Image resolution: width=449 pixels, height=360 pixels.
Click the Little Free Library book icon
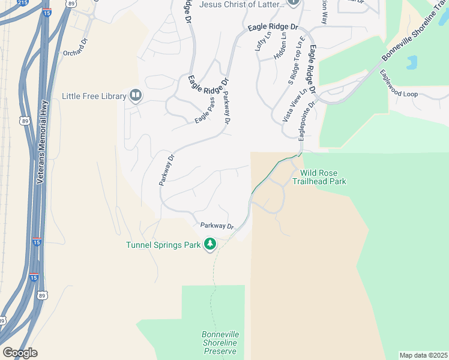[x=136, y=95]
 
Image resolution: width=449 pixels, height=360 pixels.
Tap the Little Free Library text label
[x=94, y=96]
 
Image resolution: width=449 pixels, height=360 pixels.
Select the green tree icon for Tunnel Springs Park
[x=210, y=244]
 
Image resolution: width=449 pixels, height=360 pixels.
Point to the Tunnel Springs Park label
[x=164, y=245]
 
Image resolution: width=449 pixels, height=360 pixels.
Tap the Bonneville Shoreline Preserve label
[x=220, y=342]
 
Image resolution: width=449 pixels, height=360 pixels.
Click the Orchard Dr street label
[x=76, y=53]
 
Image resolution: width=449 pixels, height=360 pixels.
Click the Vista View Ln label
[x=295, y=106]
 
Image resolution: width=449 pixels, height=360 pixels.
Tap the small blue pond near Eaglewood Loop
[x=411, y=62]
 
